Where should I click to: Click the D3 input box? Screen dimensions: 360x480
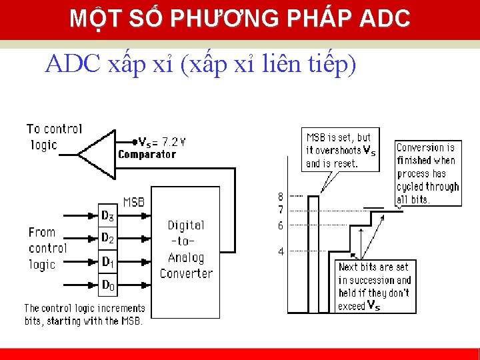pos(107,215)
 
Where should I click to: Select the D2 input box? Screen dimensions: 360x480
pos(107,238)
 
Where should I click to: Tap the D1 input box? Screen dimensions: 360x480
pos(107,261)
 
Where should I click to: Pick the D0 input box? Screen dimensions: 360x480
pos(107,285)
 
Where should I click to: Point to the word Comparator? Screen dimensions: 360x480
pos(147,155)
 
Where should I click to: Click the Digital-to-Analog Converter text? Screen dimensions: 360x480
pos(186,249)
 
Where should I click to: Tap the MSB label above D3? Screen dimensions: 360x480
pos(133,201)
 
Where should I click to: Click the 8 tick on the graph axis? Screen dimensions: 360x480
pos(281,197)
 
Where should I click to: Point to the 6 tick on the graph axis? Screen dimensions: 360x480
pos(281,226)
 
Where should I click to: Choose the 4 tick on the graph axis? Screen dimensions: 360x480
pos(281,252)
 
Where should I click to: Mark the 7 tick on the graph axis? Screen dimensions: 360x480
pos(281,209)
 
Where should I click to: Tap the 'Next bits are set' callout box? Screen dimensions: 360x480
pos(375,286)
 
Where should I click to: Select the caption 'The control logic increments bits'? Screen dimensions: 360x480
pos(84,315)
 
